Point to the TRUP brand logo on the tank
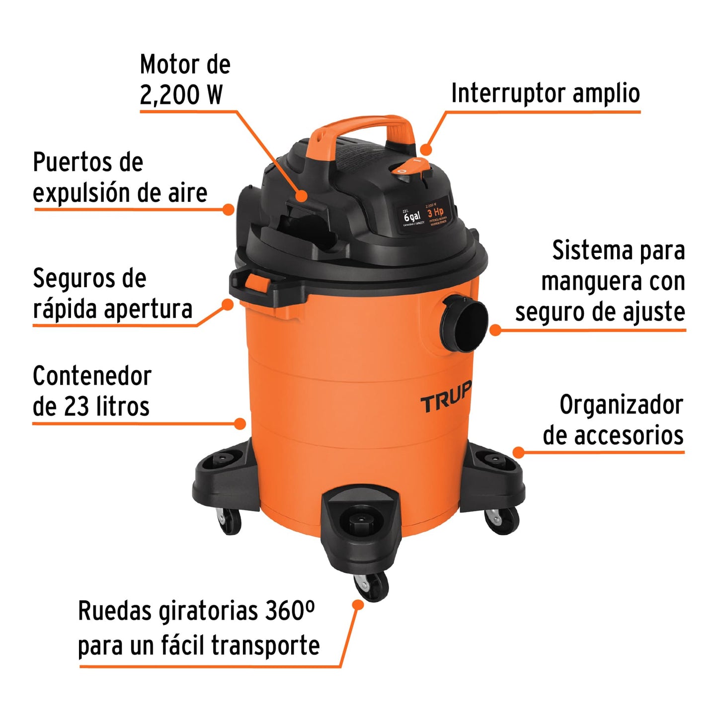pyautogui.click(x=445, y=399)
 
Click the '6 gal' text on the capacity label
pyautogui.click(x=412, y=217)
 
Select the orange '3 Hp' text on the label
pyautogui.click(x=435, y=213)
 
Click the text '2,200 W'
pyautogui.click(x=181, y=94)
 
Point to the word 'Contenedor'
pyautogui.click(x=92, y=376)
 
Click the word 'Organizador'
pyautogui.click(x=621, y=405)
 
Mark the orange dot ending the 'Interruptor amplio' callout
pyautogui.click(x=425, y=150)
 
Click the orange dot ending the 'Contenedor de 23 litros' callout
pyautogui.click(x=240, y=423)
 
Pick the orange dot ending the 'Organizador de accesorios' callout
pyautogui.click(x=518, y=452)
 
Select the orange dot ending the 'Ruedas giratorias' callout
pyautogui.click(x=357, y=604)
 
